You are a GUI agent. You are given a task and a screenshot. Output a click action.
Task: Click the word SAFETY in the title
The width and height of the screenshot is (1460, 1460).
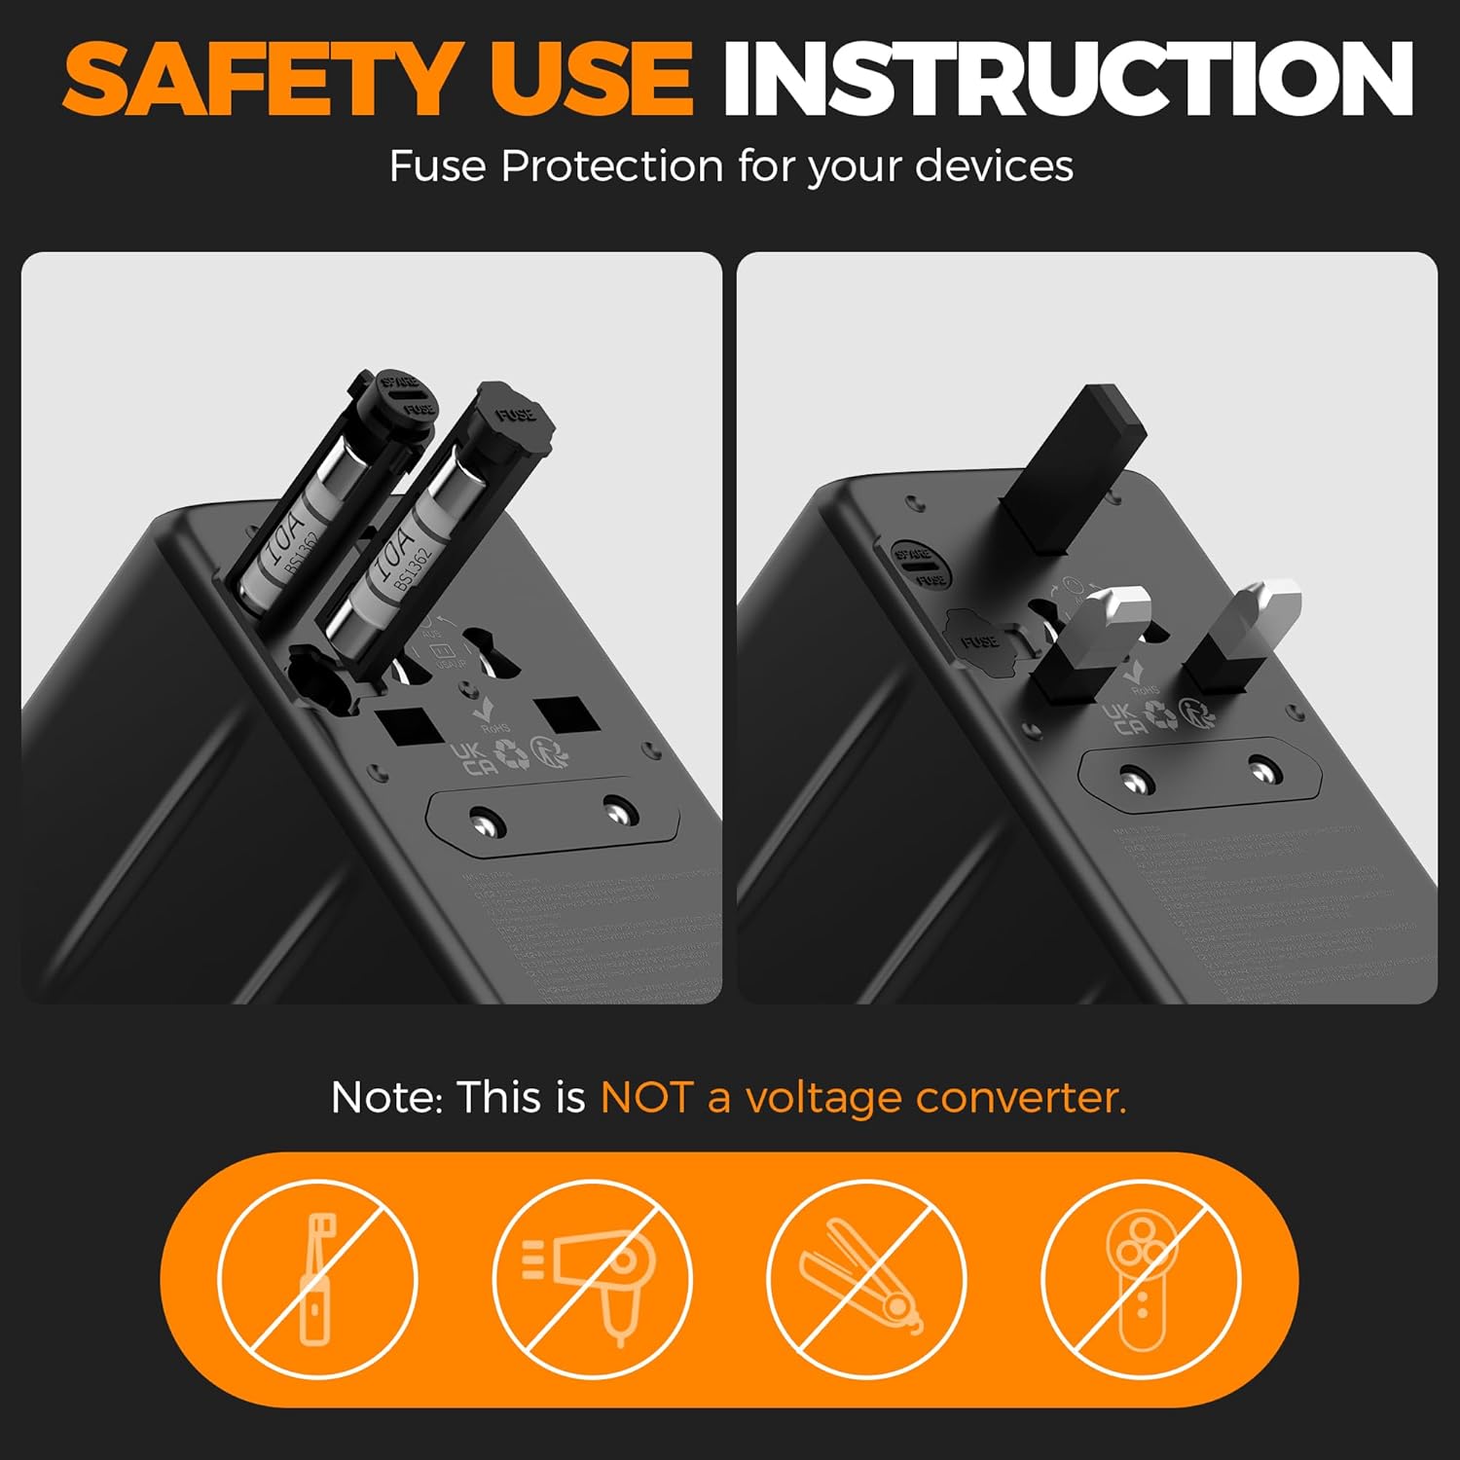tap(260, 80)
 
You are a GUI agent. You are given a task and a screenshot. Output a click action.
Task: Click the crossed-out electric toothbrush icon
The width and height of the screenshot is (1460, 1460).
tap(317, 1278)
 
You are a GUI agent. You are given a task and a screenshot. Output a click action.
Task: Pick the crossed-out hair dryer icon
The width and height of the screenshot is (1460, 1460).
tap(592, 1278)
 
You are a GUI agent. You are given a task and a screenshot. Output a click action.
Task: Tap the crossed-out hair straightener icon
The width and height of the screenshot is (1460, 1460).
tap(866, 1278)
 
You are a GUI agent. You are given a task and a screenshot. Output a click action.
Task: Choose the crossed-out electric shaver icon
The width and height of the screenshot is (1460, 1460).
tap(1141, 1278)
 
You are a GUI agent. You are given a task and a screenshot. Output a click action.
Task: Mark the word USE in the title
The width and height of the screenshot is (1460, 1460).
tap(591, 80)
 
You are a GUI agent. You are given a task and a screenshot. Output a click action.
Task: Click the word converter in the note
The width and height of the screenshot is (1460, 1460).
tap(1020, 1098)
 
